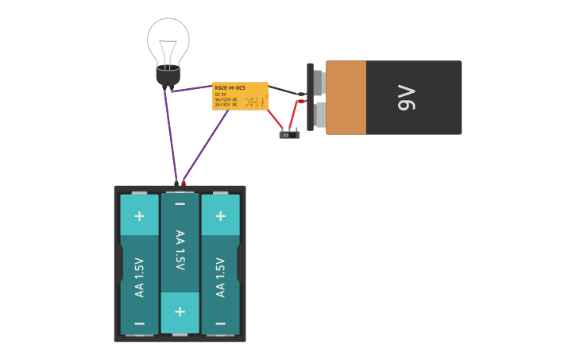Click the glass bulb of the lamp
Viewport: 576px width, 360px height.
[168, 40]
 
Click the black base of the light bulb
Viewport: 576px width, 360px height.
[168, 77]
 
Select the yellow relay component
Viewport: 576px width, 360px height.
[240, 96]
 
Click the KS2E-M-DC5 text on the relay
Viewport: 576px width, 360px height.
[230, 87]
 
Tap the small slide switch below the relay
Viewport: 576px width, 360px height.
[289, 134]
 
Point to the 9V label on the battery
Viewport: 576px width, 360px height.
[406, 98]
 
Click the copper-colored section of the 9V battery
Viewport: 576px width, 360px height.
[346, 98]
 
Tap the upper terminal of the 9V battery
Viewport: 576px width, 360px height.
[319, 81]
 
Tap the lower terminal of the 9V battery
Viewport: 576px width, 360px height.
[319, 115]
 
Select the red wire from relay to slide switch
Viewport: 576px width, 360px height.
[276, 118]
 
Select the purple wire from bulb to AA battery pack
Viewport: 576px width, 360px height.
[171, 135]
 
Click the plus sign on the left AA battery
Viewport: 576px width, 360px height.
[139, 215]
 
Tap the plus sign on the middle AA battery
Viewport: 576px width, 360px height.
[180, 312]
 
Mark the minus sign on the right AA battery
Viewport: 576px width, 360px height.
[220, 323]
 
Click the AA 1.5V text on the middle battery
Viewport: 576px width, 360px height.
[180, 250]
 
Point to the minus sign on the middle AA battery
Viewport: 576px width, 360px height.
[180, 204]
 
